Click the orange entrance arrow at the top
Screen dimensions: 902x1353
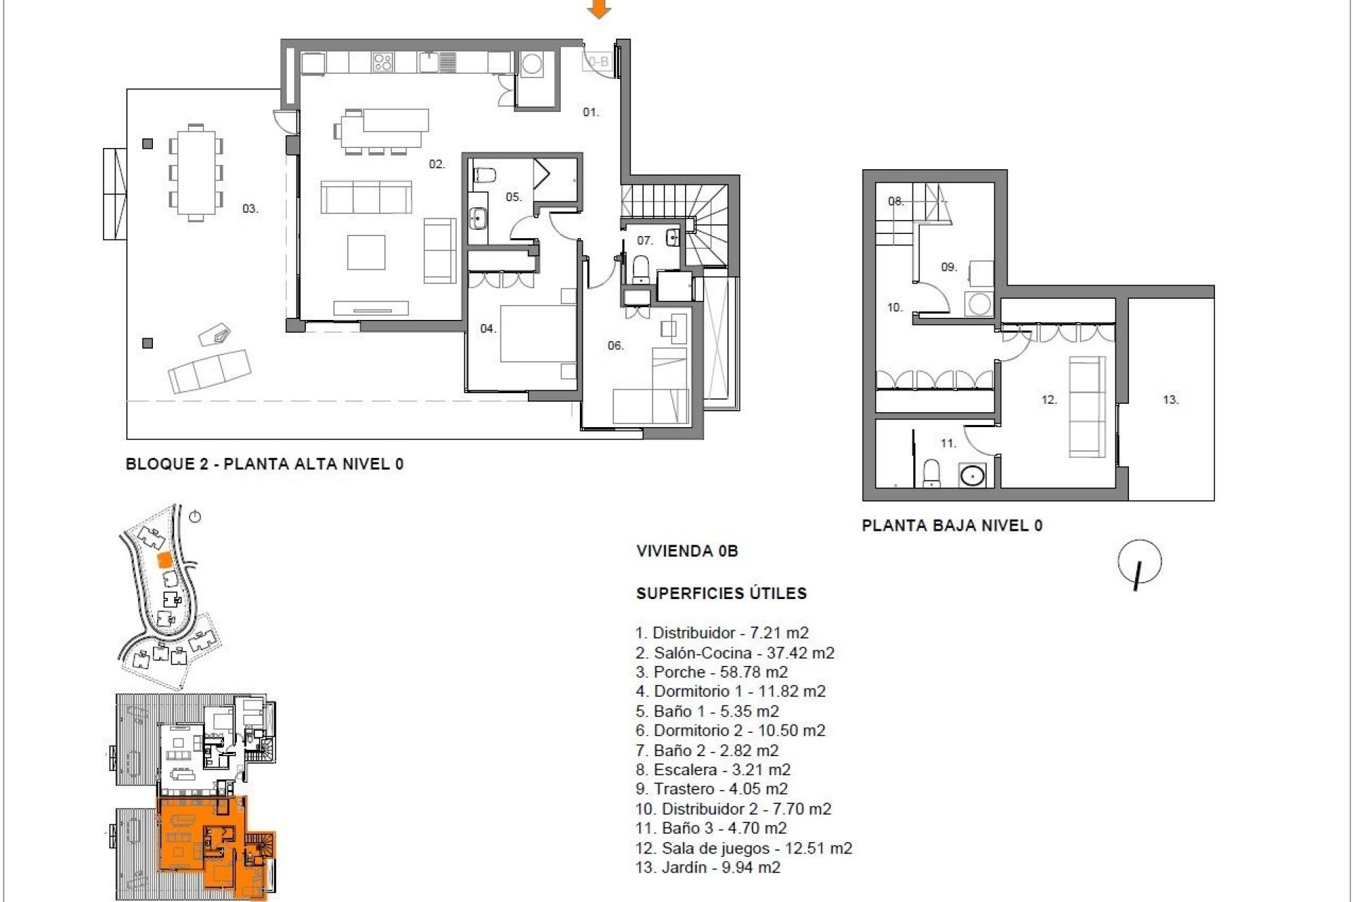pyautogui.click(x=599, y=9)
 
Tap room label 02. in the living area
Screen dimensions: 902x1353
pyautogui.click(x=437, y=164)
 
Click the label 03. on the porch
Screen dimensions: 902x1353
pyautogui.click(x=250, y=209)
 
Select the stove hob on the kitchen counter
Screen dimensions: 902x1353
pyautogui.click(x=383, y=63)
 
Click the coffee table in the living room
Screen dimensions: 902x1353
pyautogui.click(x=366, y=252)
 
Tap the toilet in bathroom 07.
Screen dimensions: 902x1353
pyautogui.click(x=641, y=268)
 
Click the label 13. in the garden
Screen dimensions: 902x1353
pyautogui.click(x=1170, y=400)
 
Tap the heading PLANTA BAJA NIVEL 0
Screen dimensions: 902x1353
pyautogui.click(x=952, y=525)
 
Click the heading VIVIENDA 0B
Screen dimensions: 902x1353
pyautogui.click(x=687, y=551)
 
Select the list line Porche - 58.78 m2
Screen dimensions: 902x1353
pyautogui.click(x=712, y=672)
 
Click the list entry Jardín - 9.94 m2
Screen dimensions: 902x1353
pyautogui.click(x=708, y=867)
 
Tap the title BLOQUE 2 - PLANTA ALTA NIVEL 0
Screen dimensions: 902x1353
pyautogui.click(x=264, y=464)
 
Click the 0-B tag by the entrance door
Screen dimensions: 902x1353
pyautogui.click(x=598, y=62)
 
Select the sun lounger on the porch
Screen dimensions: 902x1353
pyautogui.click(x=209, y=370)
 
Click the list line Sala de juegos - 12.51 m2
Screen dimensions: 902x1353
pyautogui.click(x=744, y=848)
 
